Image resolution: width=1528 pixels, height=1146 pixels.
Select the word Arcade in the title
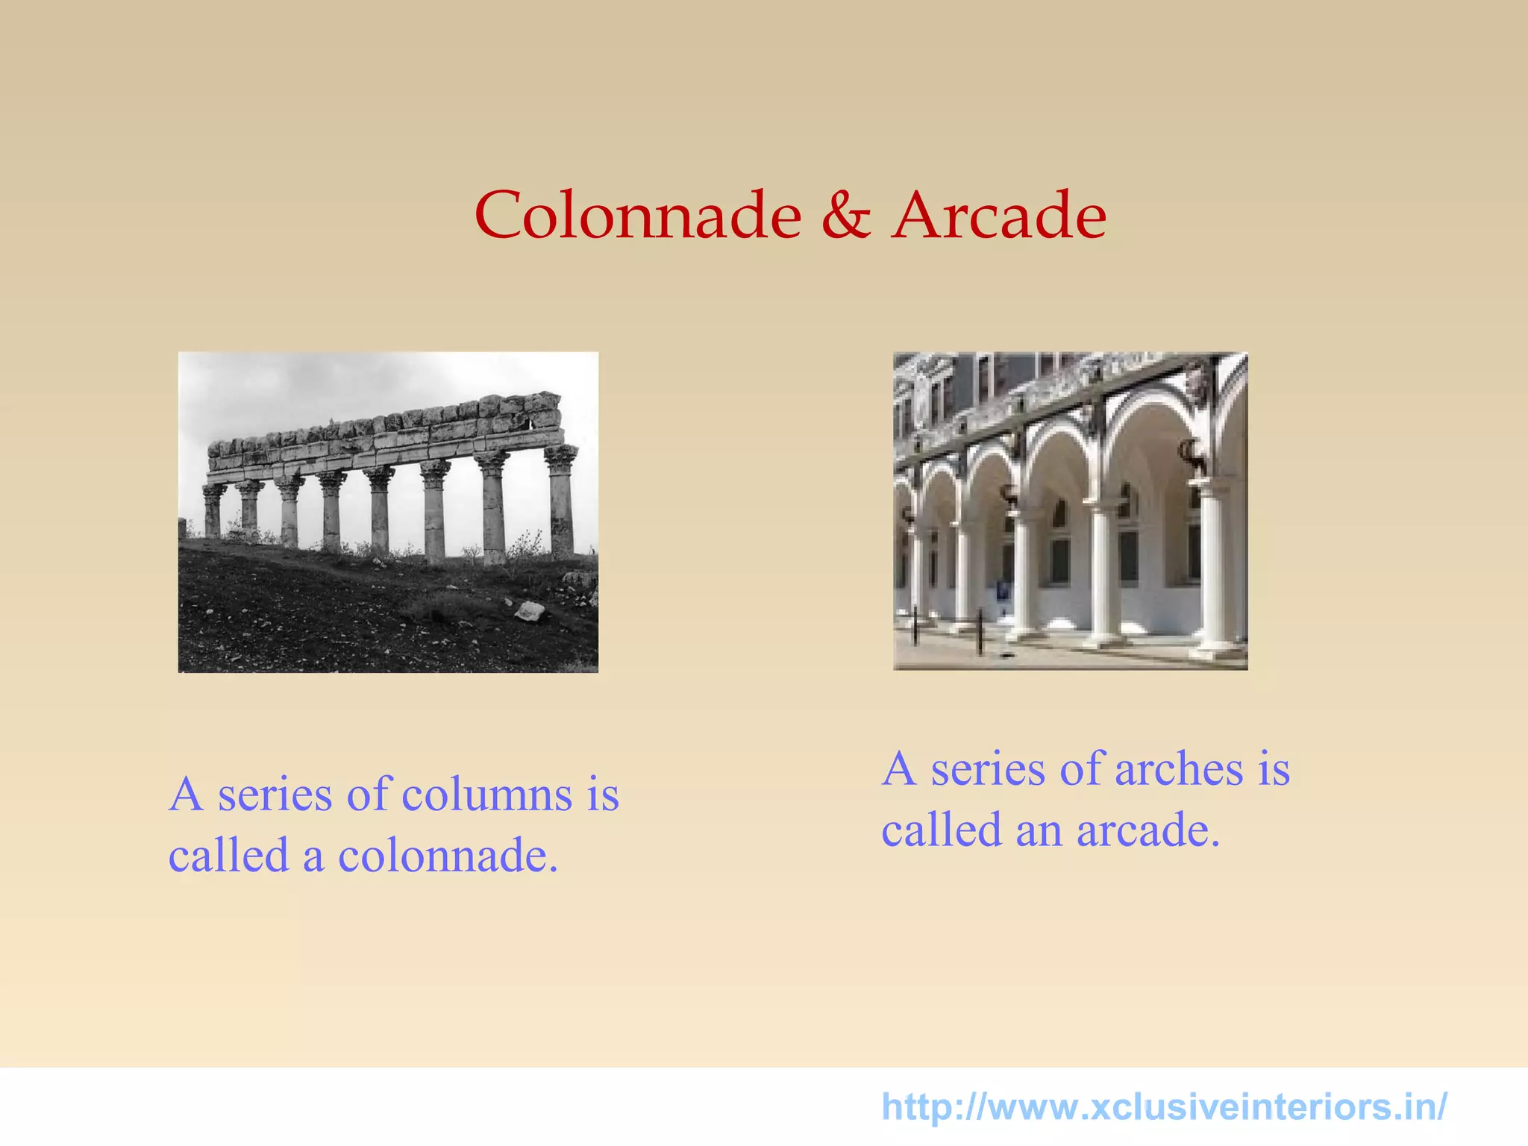tap(999, 216)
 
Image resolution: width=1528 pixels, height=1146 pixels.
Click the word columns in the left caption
tap(487, 795)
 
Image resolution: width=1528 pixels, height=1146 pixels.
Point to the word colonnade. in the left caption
tap(448, 856)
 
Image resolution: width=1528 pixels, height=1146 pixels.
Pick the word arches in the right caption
tap(1179, 769)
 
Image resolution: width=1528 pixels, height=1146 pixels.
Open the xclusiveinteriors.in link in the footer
tap(1164, 1106)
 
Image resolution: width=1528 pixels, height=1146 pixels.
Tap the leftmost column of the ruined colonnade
tap(213, 511)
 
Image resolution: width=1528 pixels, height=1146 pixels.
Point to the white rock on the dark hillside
tap(530, 611)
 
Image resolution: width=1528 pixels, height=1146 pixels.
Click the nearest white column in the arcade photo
tap(1215, 567)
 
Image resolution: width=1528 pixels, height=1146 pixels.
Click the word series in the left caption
tap(275, 795)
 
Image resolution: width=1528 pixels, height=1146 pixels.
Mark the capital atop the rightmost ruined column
tap(561, 456)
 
